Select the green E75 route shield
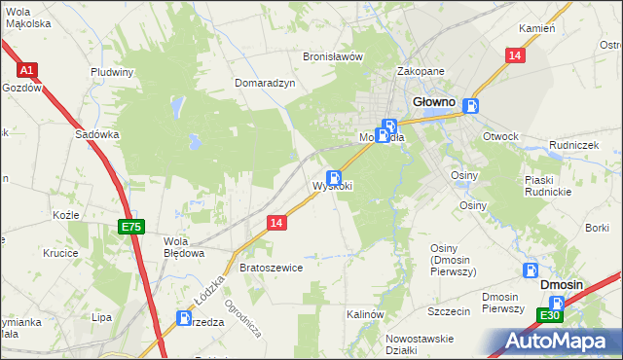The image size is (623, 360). [131, 227]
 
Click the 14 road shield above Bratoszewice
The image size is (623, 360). [277, 223]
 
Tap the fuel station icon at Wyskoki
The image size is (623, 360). [334, 178]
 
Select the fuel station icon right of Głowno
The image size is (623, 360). [471, 107]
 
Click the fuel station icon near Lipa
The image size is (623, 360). [185, 317]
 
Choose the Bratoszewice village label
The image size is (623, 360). [272, 267]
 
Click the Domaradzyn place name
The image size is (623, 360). [265, 83]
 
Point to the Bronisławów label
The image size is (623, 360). [333, 56]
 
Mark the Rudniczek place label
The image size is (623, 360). [572, 144]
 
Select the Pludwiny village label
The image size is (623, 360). [112, 71]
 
